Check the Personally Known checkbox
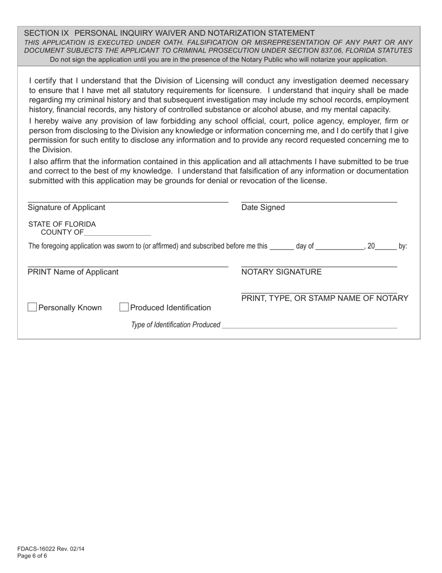[x=32, y=307]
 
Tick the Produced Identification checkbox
[x=124, y=307]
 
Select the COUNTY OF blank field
[x=118, y=232]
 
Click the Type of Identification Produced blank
[x=309, y=325]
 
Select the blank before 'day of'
[x=281, y=246]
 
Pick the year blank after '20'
[x=386, y=246]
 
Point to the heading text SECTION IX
[x=46, y=33]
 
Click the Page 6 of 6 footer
[x=32, y=556]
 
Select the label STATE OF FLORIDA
[x=62, y=224]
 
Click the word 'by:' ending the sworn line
[x=403, y=246]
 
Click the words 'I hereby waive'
[x=51, y=121]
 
